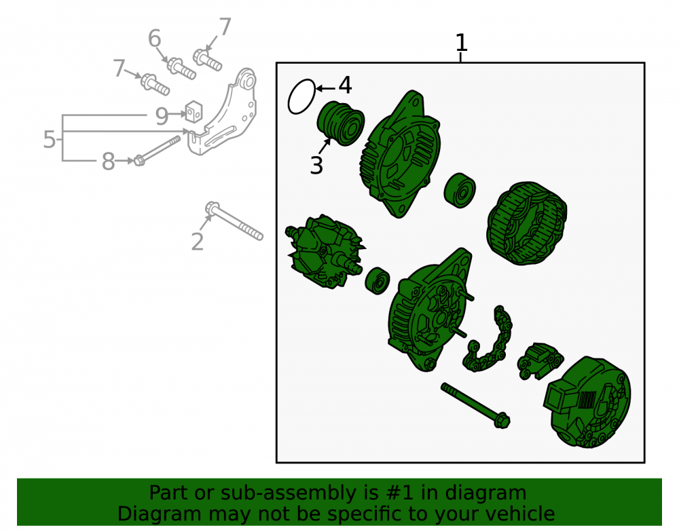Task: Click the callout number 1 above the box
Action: [462, 42]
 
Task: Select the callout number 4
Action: [345, 85]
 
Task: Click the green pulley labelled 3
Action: [341, 123]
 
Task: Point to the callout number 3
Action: [316, 166]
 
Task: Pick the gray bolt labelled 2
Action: [234, 221]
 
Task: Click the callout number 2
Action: [198, 242]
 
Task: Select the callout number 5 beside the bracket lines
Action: [50, 139]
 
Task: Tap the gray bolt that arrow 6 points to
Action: [181, 69]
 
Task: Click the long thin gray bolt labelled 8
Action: [158, 151]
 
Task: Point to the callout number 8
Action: [108, 162]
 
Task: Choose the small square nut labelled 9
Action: [194, 111]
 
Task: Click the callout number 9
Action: [162, 116]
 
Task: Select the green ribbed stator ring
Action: [527, 223]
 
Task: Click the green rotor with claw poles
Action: [325, 251]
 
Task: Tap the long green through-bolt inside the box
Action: [475, 405]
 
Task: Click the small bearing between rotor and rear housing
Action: [378, 281]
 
